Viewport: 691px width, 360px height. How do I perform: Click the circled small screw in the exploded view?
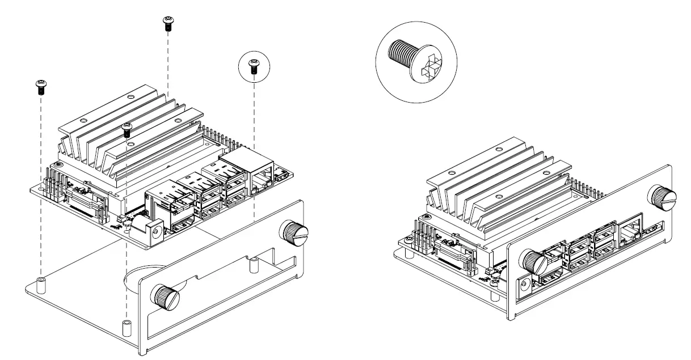pos(254,67)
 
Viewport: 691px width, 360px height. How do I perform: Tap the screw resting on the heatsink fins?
pos(128,130)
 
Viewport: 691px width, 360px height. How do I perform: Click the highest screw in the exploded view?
pos(168,23)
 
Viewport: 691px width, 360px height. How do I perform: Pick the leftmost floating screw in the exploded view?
pos(41,87)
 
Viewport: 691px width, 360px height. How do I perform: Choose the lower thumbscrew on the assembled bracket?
pos(533,260)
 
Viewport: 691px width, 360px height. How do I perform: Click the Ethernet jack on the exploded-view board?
pos(260,170)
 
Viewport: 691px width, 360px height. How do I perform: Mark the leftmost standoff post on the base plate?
pos(41,282)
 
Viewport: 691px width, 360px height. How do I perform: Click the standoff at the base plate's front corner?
pos(126,327)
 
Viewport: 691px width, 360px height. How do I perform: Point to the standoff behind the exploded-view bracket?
pos(255,263)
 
